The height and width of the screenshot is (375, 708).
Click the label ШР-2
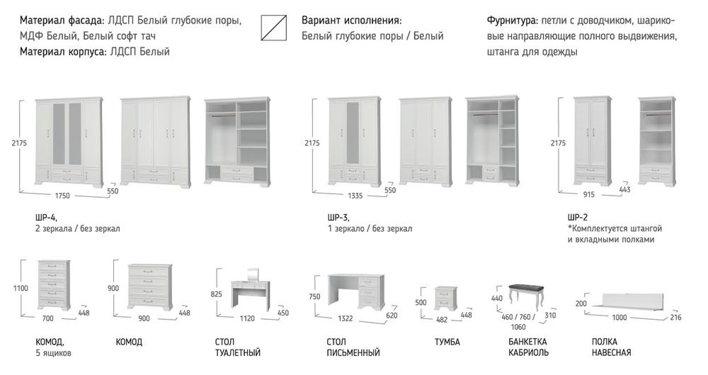[578, 218]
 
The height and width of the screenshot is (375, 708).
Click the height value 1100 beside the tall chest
[21, 288]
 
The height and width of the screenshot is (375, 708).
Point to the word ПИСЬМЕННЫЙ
[353, 352]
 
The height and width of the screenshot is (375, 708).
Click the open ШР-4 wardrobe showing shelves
[236, 142]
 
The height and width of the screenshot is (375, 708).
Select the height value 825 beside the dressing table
[216, 293]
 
